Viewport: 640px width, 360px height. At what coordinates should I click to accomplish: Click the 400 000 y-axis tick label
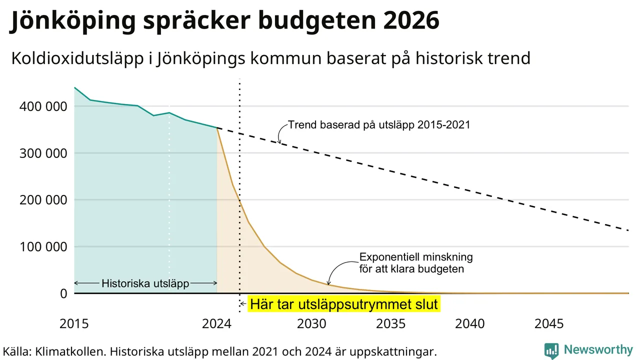[43, 106]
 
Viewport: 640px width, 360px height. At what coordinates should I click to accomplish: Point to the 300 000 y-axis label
[43, 153]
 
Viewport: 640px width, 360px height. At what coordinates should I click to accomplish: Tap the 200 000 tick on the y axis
[43, 200]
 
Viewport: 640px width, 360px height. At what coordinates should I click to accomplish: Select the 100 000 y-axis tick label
[43, 247]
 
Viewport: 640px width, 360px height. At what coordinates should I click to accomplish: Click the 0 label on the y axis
[63, 293]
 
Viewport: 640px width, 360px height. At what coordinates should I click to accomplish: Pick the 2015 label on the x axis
[74, 324]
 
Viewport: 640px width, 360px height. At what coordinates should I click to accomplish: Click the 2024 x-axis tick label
[216, 324]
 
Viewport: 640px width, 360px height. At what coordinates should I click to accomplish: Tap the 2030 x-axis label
[311, 324]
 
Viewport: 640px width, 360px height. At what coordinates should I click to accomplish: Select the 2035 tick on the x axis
[390, 324]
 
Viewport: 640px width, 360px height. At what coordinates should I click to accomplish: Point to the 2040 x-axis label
[469, 324]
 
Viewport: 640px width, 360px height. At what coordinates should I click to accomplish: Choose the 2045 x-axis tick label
[549, 324]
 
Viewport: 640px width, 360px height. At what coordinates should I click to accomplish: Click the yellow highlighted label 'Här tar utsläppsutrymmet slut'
[344, 304]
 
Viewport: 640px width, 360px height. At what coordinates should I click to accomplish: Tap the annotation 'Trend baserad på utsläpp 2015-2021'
[379, 125]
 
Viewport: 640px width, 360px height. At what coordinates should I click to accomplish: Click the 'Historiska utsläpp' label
[145, 283]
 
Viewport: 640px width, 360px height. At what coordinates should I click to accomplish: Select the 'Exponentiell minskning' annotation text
[416, 257]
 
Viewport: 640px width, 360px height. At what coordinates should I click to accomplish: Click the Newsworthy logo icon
[551, 350]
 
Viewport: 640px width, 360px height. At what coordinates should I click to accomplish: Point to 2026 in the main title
[411, 20]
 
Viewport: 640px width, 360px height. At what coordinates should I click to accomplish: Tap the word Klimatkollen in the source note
[70, 351]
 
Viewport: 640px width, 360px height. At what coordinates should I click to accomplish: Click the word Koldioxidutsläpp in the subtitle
[77, 59]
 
